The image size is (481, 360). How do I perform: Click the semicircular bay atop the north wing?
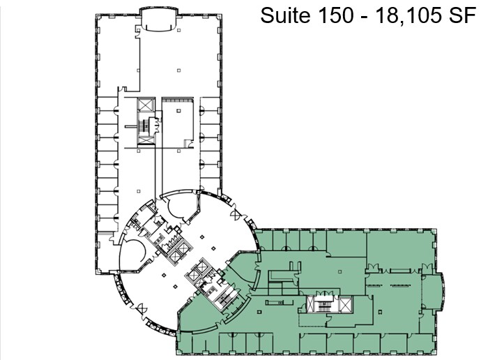point(155,19)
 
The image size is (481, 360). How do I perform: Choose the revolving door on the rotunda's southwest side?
point(142,307)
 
